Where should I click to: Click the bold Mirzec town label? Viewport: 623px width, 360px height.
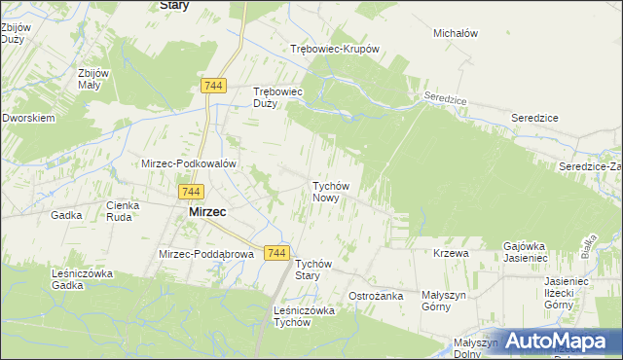pos(207,211)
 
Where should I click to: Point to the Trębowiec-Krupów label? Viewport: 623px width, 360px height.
pos(334,49)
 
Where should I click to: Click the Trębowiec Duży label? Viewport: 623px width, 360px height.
pos(279,97)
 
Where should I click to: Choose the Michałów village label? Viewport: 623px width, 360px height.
pos(456,33)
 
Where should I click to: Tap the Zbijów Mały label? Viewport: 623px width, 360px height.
pos(84,79)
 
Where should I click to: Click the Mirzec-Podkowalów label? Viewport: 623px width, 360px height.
pos(189,163)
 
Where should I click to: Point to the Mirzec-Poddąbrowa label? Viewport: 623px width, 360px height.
pos(205,254)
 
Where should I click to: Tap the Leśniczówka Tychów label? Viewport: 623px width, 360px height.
pos(305,316)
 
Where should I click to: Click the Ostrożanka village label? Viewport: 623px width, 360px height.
pos(376,295)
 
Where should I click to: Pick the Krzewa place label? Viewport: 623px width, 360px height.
pos(452,253)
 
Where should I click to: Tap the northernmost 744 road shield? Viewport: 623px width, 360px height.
pos(215,87)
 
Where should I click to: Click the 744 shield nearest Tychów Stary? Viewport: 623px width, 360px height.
pos(276,253)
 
